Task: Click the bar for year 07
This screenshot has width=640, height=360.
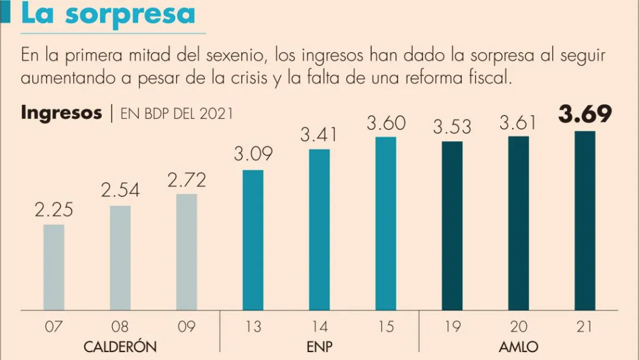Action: [x=54, y=267]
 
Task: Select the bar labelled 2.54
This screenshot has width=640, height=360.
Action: [x=120, y=258]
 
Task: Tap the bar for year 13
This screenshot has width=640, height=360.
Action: [x=253, y=240]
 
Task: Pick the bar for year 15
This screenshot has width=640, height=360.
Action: [x=385, y=224]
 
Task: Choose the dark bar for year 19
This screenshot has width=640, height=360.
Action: [x=452, y=225]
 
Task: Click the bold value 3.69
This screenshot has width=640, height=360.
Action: [x=585, y=115]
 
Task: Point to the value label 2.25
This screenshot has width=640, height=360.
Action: [x=54, y=210]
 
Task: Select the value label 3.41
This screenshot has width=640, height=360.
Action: [x=319, y=135]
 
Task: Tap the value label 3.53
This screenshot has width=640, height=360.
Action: [x=452, y=127]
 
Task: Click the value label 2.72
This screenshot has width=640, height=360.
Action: [x=187, y=180]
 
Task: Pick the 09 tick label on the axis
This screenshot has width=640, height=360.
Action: [x=187, y=327]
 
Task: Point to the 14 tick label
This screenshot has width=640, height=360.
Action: [x=319, y=327]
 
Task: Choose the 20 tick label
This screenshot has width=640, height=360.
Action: [x=519, y=327]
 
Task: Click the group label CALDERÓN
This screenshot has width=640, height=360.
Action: [x=120, y=347]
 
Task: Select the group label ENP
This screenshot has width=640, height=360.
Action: [x=319, y=347]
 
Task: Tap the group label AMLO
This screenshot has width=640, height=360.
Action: [x=519, y=347]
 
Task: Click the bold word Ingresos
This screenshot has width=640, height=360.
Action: [x=61, y=113]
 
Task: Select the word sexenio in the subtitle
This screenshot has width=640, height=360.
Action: [x=235, y=56]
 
